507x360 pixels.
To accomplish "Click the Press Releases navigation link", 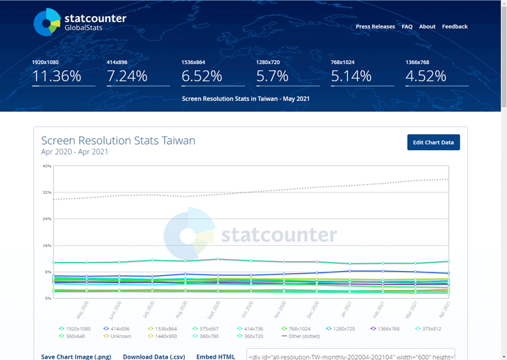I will [x=375, y=26].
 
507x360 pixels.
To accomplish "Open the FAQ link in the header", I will [x=407, y=26].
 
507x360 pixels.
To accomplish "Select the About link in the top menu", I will [x=427, y=26].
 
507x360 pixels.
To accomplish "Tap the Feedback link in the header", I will [x=455, y=26].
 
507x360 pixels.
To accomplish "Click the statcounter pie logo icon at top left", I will [x=47, y=22].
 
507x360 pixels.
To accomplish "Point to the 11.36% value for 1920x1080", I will [x=57, y=76].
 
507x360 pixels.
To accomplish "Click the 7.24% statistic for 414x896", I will [x=127, y=76].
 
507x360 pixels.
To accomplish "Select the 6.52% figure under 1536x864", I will [x=202, y=76].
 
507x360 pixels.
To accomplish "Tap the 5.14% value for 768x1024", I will [x=351, y=76].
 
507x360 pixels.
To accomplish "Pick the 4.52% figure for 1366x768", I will [x=426, y=76].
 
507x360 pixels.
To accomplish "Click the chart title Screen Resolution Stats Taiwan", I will [x=118, y=140].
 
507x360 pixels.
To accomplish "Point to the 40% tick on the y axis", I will [x=47, y=166].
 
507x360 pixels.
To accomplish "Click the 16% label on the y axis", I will [x=47, y=245].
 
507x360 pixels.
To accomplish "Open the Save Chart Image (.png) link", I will [x=76, y=357].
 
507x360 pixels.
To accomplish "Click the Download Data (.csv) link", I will [x=154, y=357].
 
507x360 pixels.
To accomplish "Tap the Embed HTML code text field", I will [x=351, y=356].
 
